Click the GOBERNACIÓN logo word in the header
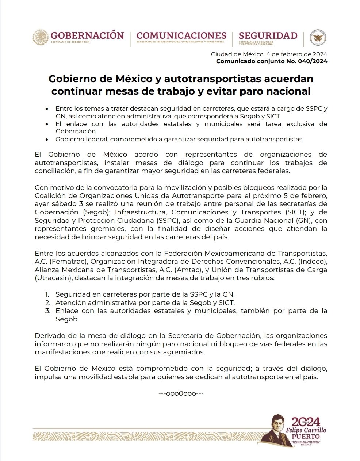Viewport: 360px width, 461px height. tap(87, 35)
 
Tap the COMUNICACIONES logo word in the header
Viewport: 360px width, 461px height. tap(181, 35)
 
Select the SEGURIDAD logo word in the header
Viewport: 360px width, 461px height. tap(268, 35)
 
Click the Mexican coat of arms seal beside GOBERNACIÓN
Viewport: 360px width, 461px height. tap(41, 38)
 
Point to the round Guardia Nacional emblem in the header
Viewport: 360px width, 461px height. tap(318, 38)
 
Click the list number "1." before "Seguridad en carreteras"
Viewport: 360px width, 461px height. tap(47, 294)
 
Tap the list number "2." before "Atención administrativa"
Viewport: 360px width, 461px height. tap(47, 303)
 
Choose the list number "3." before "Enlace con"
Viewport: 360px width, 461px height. tap(47, 311)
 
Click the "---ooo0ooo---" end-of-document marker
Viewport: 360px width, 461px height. tap(181, 394)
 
